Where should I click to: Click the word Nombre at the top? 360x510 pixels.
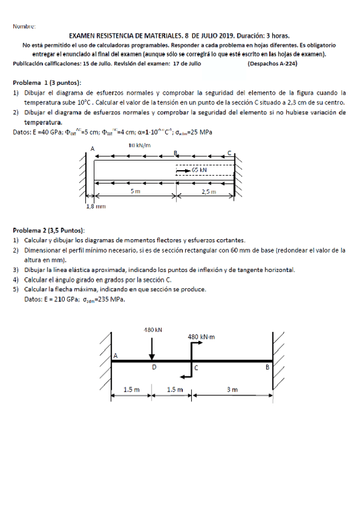[24, 26]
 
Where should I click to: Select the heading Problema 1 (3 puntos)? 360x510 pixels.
[47, 82]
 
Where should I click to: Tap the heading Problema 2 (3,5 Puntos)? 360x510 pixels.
[49, 230]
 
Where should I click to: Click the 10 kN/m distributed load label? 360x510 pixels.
[139, 146]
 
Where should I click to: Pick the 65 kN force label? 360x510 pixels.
[200, 170]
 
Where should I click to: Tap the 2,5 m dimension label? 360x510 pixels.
[208, 191]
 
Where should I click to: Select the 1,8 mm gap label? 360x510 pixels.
[96, 206]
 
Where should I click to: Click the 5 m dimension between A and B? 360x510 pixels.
[136, 191]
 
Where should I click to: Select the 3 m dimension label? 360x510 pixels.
[232, 389]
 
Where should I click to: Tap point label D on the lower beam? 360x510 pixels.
[154, 367]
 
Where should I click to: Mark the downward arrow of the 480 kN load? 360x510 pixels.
[152, 348]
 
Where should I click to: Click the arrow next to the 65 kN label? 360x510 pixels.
[182, 170]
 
